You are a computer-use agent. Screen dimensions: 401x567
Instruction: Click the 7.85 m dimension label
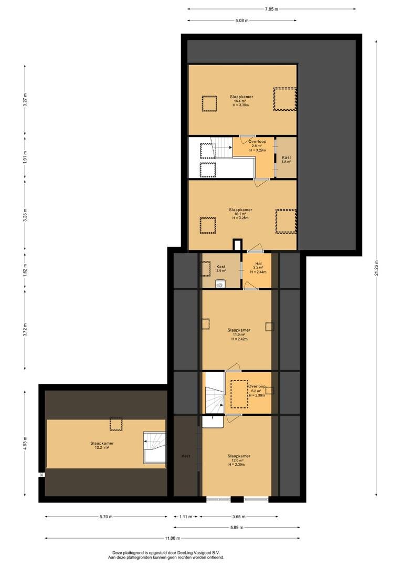(271, 9)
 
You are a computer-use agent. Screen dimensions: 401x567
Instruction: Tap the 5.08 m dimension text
(242, 20)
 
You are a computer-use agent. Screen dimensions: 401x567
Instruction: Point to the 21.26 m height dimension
(376, 268)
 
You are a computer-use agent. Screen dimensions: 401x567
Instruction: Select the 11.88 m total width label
(173, 539)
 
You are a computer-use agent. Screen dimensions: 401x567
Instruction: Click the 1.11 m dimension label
(186, 517)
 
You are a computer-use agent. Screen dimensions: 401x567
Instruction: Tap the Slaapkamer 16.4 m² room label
(241, 101)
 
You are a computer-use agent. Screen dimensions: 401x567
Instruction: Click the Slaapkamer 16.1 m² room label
(240, 214)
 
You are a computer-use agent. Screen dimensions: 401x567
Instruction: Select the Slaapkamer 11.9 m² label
(239, 334)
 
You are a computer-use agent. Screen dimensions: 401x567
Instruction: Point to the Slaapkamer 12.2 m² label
(102, 445)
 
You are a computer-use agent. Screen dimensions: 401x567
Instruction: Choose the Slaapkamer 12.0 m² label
(239, 460)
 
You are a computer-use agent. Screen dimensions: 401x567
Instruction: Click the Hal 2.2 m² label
(258, 268)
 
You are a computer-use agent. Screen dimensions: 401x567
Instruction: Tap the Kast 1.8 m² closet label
(287, 160)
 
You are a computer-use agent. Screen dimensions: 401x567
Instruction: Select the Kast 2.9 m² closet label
(221, 268)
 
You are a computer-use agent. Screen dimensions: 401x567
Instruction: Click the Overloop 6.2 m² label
(257, 391)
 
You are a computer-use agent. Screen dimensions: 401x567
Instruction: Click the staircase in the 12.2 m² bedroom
(155, 447)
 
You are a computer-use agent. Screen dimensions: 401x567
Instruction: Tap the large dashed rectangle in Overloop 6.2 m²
(239, 394)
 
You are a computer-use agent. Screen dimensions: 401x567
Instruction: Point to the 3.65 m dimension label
(239, 517)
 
